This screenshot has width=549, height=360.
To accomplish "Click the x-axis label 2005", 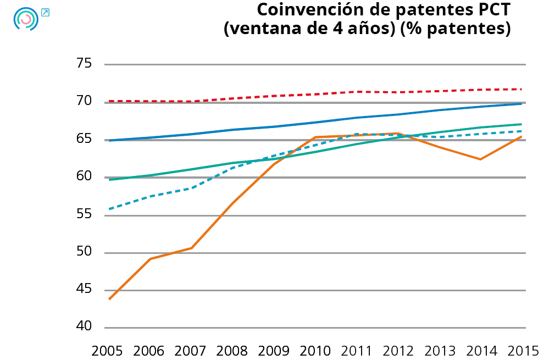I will click(108, 351).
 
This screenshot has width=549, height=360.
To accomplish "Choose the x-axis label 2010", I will click(315, 351).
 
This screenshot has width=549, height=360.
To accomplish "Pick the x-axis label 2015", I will click(522, 351).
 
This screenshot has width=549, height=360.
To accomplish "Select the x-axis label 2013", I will click(439, 351).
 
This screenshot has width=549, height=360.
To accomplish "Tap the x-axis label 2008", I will click(232, 351).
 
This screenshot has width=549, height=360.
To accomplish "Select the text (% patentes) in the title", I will click(455, 29).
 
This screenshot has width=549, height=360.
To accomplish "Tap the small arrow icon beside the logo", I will click(45, 12).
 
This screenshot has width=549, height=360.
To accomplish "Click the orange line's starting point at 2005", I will click(109, 299).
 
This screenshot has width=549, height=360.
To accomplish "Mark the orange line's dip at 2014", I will click(480, 159).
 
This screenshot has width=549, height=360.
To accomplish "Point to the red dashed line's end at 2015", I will click(521, 89).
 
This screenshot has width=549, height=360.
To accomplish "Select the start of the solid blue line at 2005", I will click(109, 141).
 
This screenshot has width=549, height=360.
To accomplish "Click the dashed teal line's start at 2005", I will click(109, 209).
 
